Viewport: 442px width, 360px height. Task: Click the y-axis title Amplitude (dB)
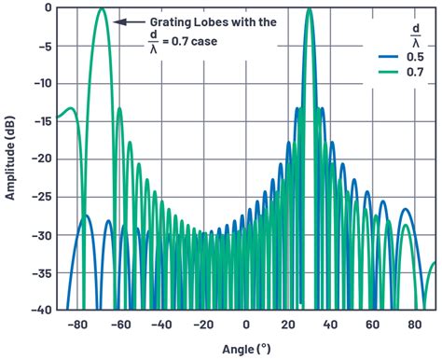click(x=12, y=157)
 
